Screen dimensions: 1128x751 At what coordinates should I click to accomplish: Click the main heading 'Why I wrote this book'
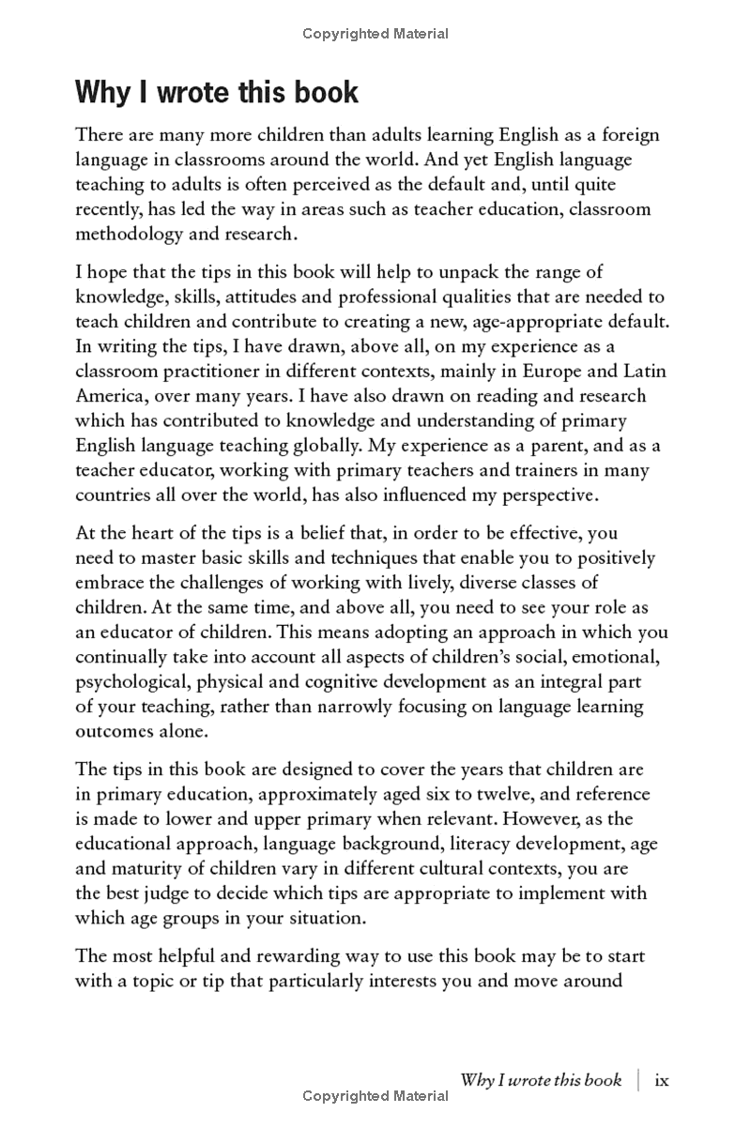[216, 92]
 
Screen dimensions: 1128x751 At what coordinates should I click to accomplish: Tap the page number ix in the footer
[662, 1080]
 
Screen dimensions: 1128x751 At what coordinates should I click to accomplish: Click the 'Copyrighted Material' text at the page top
[375, 34]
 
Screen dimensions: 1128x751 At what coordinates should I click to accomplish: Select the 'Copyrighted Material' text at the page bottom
[375, 1095]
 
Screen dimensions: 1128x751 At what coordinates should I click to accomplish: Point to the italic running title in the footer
[541, 1080]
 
